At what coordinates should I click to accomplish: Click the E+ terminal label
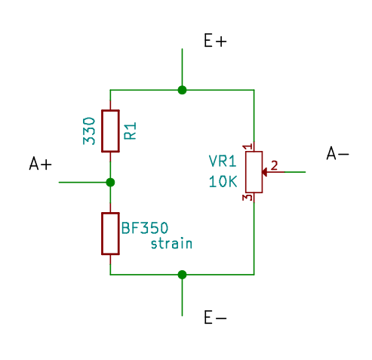[215, 41]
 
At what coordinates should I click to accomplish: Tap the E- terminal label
[215, 317]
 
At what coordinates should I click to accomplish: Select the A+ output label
[41, 164]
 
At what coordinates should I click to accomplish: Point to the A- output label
[338, 153]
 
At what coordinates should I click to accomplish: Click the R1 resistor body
[110, 131]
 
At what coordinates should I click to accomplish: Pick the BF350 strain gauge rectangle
[110, 233]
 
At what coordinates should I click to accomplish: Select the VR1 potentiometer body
[254, 172]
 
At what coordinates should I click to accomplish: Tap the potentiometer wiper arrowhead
[264, 172]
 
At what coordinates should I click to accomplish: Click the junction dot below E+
[182, 90]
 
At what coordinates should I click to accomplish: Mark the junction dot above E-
[182, 275]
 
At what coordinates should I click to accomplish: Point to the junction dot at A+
[110, 182]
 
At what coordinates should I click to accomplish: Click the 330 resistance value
[89, 131]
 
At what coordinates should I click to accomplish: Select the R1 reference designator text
[131, 131]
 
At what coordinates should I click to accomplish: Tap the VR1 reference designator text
[223, 162]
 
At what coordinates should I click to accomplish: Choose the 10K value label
[223, 181]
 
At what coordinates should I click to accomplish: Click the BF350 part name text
[145, 228]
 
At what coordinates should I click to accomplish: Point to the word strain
[171, 244]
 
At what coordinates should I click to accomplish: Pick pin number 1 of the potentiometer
[247, 146]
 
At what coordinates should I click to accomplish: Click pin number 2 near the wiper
[274, 165]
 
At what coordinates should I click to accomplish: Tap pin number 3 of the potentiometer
[247, 197]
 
